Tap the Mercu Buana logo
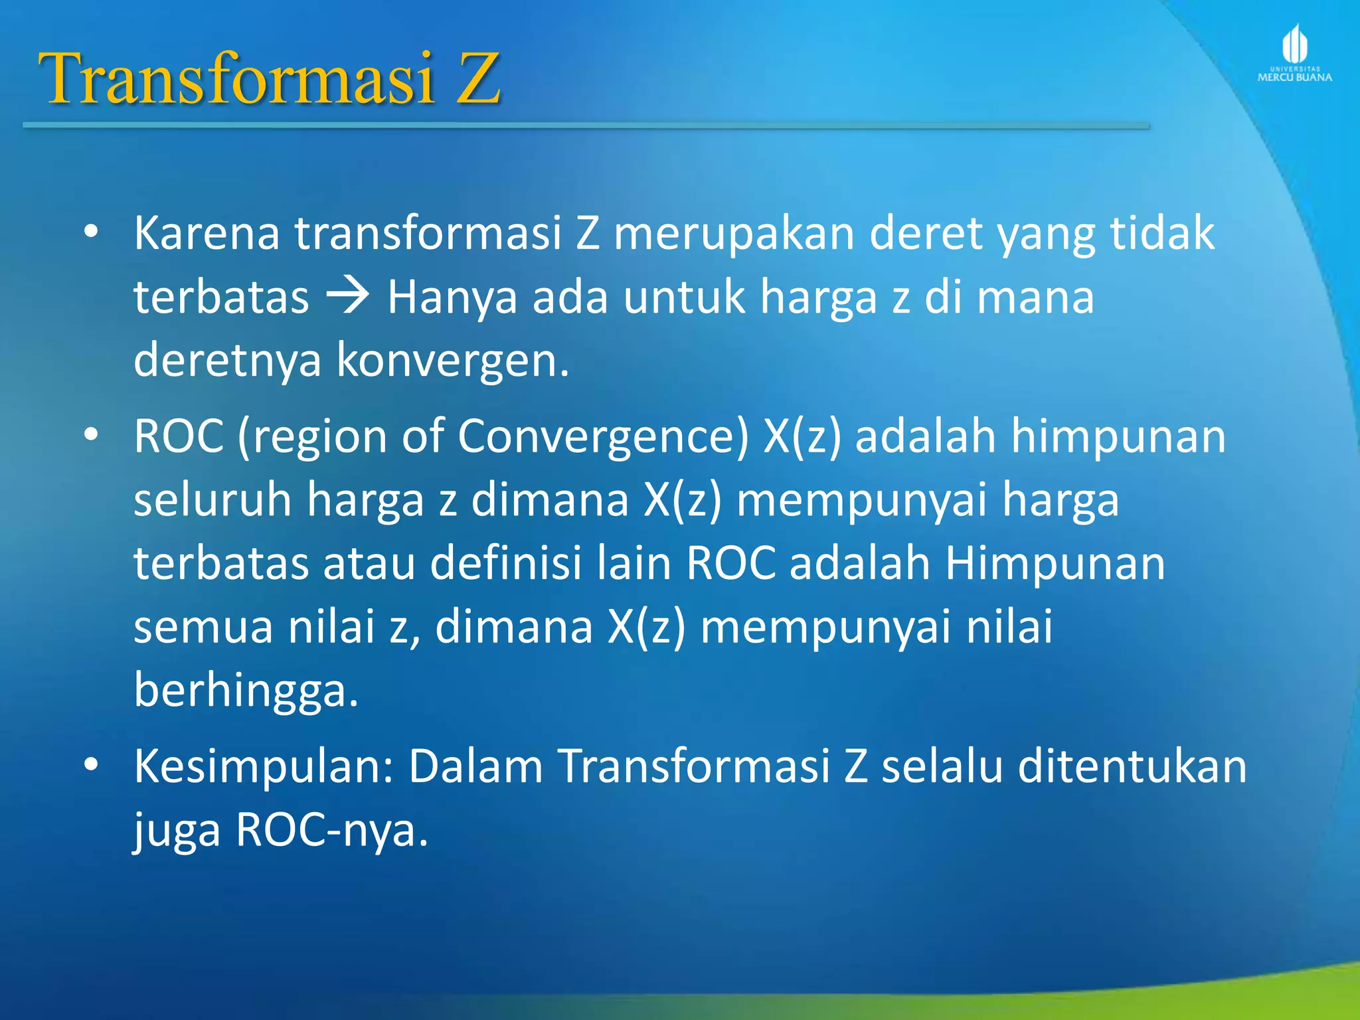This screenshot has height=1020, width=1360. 1294,53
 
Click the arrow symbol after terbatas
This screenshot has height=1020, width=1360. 348,296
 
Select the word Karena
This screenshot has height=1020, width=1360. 207,234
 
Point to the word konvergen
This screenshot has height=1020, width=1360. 453,360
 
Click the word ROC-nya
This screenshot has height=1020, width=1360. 332,830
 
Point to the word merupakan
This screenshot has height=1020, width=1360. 734,234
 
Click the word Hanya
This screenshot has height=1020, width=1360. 452,297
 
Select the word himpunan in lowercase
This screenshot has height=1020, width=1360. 1118,437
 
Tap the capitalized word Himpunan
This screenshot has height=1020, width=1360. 1055,564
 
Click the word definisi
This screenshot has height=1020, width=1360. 505,564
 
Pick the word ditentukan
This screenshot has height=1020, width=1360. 1132,766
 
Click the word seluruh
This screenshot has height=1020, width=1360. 212,500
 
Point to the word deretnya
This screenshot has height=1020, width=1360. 227,360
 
